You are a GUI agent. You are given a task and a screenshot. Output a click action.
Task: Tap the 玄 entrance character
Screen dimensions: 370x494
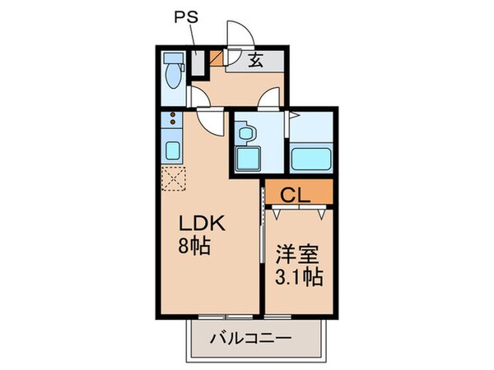(255, 60)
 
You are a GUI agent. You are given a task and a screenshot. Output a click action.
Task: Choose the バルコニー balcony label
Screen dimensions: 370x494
(254, 338)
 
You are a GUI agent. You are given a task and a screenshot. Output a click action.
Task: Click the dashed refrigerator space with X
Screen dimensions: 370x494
(175, 178)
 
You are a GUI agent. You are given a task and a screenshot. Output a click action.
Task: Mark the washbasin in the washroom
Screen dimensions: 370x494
(245, 130)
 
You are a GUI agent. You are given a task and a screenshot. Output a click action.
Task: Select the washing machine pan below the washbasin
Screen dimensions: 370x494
(246, 157)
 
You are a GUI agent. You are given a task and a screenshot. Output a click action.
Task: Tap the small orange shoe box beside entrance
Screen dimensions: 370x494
(216, 59)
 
